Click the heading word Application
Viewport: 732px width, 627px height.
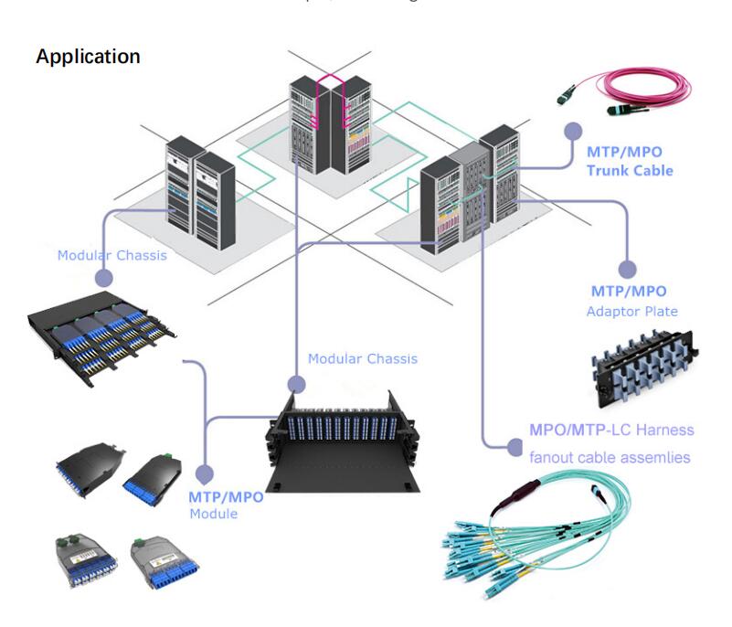[88, 57]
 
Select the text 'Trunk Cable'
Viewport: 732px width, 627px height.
[630, 170]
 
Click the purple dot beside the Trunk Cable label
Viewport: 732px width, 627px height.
[571, 131]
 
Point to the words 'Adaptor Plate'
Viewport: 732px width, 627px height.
[631, 312]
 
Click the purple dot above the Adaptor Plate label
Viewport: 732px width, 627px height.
[626, 270]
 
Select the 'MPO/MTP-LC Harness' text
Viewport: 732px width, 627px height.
[611, 430]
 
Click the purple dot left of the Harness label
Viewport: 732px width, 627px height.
[514, 446]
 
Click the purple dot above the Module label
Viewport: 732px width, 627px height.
[205, 474]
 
